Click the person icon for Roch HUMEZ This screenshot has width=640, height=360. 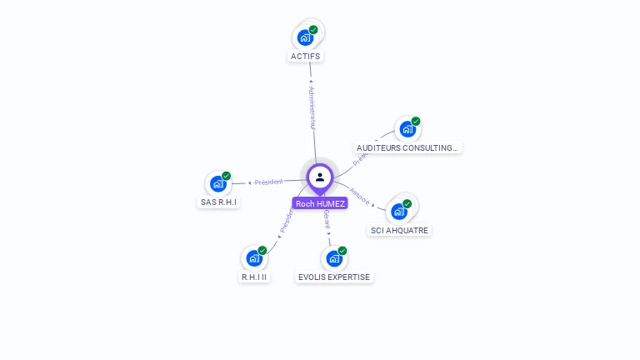[320, 177]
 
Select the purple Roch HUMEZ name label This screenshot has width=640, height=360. [320, 203]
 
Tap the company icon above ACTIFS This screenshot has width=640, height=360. [306, 37]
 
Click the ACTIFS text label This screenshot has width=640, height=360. [305, 57]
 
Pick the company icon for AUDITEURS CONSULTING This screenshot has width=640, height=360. [407, 129]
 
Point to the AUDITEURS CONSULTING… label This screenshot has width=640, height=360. [407, 148]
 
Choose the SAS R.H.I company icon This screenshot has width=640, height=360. [218, 183]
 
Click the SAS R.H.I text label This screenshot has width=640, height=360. [218, 202]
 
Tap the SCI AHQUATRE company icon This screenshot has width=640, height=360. [399, 211]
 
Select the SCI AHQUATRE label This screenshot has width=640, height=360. [401, 230]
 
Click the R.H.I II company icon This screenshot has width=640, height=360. [254, 258]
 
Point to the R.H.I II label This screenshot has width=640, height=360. [255, 277]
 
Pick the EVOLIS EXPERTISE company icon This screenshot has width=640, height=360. [334, 258]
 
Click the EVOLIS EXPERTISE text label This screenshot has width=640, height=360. [334, 277]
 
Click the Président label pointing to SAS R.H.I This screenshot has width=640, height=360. [268, 182]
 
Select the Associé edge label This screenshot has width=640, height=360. [360, 195]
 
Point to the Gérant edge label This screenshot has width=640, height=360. [327, 220]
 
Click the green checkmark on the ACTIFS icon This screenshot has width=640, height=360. [313, 30]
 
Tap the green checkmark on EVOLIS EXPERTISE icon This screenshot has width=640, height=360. [342, 251]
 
